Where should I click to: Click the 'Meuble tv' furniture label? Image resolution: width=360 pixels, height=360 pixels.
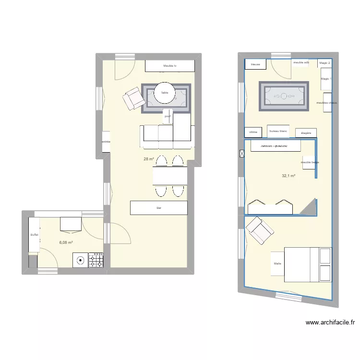(170, 66)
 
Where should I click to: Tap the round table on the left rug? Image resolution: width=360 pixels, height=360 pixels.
(165, 93)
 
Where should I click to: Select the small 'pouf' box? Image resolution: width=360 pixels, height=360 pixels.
(168, 116)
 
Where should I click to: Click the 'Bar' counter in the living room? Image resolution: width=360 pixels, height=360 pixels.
(158, 208)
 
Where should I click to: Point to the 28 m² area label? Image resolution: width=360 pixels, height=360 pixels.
(148, 159)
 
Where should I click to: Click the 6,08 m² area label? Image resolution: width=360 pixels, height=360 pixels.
(66, 243)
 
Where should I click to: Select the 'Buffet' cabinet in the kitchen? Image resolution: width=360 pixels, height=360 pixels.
(34, 235)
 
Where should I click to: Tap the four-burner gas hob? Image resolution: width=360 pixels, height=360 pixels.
(96, 260)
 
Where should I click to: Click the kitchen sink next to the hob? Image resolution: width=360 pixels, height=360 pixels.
(80, 260)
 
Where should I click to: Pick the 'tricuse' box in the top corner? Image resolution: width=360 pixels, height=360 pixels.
(255, 64)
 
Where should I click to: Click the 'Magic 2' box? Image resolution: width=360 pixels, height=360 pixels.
(325, 63)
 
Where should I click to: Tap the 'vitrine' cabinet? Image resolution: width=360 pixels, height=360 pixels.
(253, 132)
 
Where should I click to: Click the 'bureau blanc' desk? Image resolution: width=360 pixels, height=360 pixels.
(278, 131)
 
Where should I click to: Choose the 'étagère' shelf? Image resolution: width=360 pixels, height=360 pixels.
(306, 132)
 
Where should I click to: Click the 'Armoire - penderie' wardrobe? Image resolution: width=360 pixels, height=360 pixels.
(276, 146)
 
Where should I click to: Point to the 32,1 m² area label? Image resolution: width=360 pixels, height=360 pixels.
(288, 176)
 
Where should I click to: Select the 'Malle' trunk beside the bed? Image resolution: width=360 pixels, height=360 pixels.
(277, 264)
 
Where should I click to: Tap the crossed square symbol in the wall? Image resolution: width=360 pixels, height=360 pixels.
(241, 154)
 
